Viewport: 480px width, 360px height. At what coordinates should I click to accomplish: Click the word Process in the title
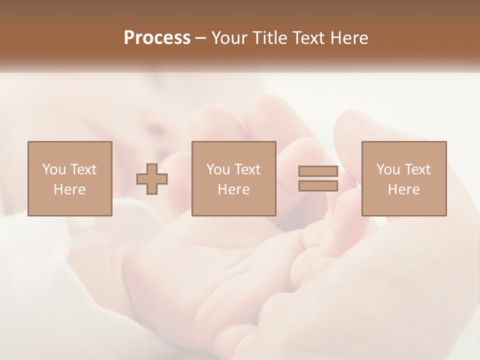[x=157, y=38]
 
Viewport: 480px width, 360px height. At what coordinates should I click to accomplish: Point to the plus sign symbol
[x=152, y=178]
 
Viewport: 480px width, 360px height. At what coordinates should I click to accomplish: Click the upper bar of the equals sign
[x=318, y=171]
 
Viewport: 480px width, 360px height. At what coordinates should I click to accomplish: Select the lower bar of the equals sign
[x=318, y=185]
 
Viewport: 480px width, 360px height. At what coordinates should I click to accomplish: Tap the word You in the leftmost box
[x=54, y=169]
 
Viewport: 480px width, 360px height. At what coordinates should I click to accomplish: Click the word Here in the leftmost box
[x=70, y=189]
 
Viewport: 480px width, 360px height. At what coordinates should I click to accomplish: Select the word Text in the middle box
[x=247, y=169]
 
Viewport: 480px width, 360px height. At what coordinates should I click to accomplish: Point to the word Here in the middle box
[x=234, y=189]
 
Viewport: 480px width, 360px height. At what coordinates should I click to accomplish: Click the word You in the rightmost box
[x=388, y=169]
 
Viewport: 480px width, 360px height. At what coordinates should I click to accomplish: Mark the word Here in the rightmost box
[x=404, y=189]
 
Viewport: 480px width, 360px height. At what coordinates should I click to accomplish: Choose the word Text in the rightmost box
[x=417, y=169]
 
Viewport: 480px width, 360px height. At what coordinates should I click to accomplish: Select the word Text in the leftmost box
[x=83, y=169]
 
